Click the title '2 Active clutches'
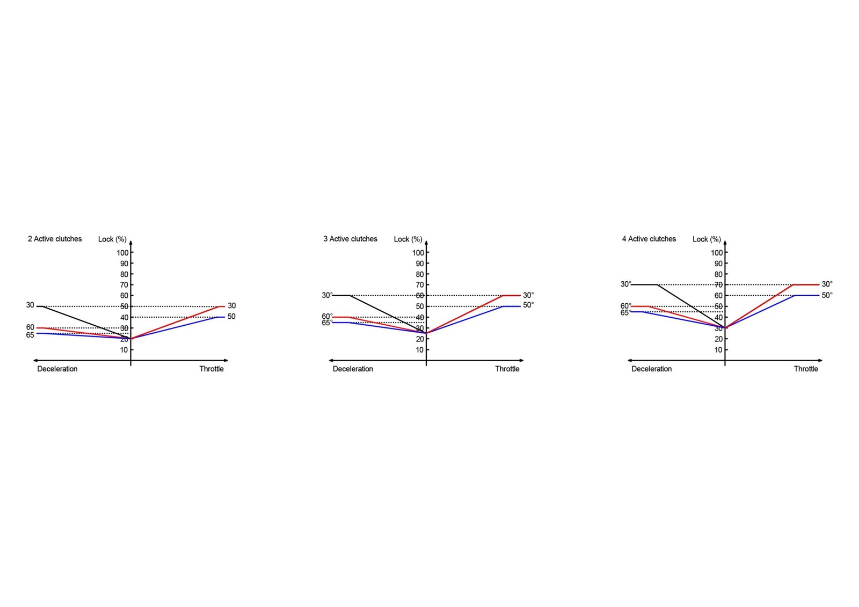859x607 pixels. pyautogui.click(x=55, y=239)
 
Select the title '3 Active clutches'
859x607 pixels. pyautogui.click(x=350, y=239)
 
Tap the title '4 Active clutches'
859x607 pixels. pyautogui.click(x=649, y=239)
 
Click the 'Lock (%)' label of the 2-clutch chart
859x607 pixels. pyautogui.click(x=112, y=239)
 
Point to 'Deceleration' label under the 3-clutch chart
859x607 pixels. pyautogui.click(x=353, y=369)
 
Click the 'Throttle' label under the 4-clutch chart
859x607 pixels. pyautogui.click(x=806, y=369)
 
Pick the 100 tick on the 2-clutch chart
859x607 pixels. pyautogui.click(x=122, y=253)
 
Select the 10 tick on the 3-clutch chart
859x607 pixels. pyautogui.click(x=419, y=350)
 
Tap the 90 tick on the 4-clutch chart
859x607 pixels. pyautogui.click(x=718, y=264)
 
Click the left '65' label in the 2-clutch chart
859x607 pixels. pyautogui.click(x=30, y=335)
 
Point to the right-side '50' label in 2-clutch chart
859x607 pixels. pyautogui.click(x=231, y=317)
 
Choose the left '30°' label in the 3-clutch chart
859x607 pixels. pyautogui.click(x=327, y=295)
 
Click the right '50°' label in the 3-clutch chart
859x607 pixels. pyautogui.click(x=528, y=305)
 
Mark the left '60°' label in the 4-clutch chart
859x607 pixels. pyautogui.click(x=626, y=306)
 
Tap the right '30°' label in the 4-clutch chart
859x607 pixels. pyautogui.click(x=827, y=284)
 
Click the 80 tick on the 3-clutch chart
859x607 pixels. pyautogui.click(x=419, y=274)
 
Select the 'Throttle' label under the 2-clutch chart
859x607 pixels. pyautogui.click(x=212, y=369)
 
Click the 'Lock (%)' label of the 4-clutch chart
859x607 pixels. pyautogui.click(x=707, y=239)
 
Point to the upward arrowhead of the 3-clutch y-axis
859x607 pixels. pyautogui.click(x=426, y=243)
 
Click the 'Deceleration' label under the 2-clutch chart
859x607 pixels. pyautogui.click(x=57, y=369)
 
